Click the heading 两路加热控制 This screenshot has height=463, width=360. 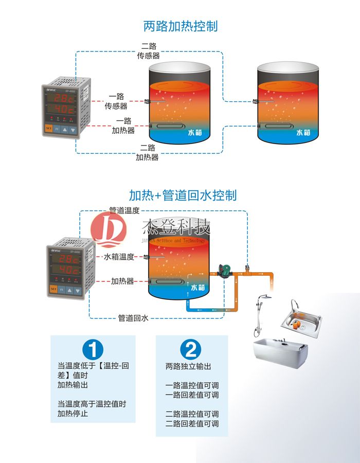(x=180, y=26)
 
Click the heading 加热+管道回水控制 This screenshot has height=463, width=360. (x=183, y=195)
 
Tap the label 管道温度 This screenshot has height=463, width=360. (x=124, y=210)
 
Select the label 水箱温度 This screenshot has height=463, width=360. (x=119, y=257)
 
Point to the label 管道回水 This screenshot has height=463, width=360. (x=133, y=318)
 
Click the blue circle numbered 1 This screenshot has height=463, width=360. (x=93, y=349)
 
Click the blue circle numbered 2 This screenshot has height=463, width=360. (x=190, y=349)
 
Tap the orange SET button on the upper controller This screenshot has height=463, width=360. (x=49, y=129)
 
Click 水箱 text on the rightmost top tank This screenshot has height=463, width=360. (x=303, y=132)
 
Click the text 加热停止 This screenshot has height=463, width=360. (x=73, y=413)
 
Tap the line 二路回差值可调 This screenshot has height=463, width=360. (x=192, y=423)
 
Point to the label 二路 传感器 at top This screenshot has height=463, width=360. (x=148, y=50)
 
